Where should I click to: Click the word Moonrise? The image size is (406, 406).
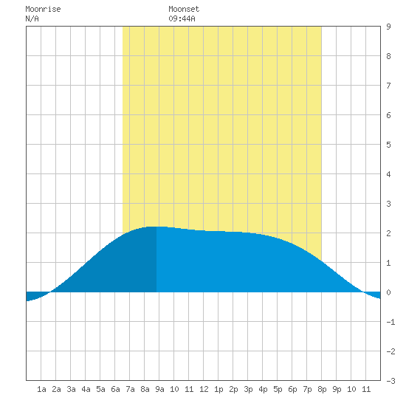pyautogui.click(x=43, y=9)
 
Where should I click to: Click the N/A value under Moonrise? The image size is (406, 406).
pyautogui.click(x=32, y=18)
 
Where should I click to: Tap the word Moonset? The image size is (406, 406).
pyautogui.click(x=184, y=9)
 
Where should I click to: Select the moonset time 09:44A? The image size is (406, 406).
pyautogui.click(x=182, y=18)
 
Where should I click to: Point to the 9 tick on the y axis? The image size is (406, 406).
pyautogui.click(x=388, y=27)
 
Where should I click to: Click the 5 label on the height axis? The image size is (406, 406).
pyautogui.click(x=388, y=145)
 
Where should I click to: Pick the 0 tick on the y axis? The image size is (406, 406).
pyautogui.click(x=388, y=292)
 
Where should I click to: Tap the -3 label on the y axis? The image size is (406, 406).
pyautogui.click(x=390, y=381)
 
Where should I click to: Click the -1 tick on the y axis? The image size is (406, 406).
pyautogui.click(x=390, y=322)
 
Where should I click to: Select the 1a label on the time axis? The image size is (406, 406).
pyautogui.click(x=41, y=389)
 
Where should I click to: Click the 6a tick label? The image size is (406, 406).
pyautogui.click(x=115, y=389)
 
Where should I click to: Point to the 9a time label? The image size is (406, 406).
pyautogui.click(x=159, y=389)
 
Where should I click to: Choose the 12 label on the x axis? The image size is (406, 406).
pyautogui.click(x=204, y=389)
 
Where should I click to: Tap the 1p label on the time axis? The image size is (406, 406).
pyautogui.click(x=219, y=389)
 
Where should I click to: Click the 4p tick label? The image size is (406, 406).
pyautogui.click(x=263, y=389)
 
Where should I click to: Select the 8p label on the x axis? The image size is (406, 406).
pyautogui.click(x=322, y=389)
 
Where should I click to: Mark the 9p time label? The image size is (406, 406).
pyautogui.click(x=337, y=389)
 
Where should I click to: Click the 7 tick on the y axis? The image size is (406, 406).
pyautogui.click(x=388, y=86)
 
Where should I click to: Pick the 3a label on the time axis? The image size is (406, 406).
pyautogui.click(x=71, y=389)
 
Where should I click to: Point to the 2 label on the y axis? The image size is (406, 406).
pyautogui.click(x=388, y=233)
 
